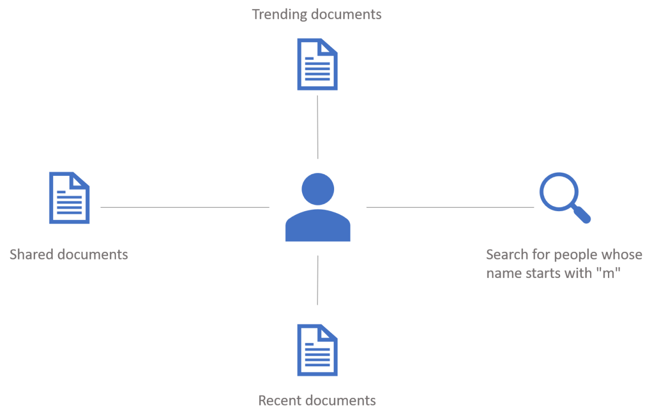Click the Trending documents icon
coord(317,64)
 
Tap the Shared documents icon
coord(70,198)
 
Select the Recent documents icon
coord(317,350)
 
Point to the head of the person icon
coord(317,188)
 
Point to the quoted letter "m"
coord(609,273)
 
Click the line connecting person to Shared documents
coord(185,207)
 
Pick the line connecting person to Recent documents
coord(317,280)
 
